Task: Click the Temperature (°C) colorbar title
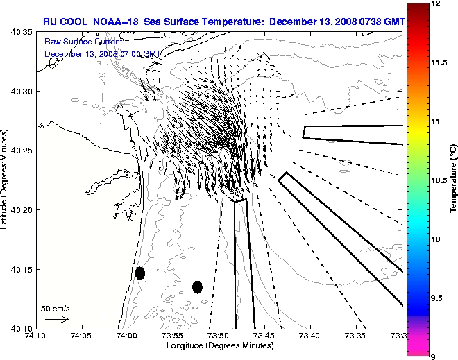point(452,180)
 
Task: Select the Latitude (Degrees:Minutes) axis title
point(5,179)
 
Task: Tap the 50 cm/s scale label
point(56,308)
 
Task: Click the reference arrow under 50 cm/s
point(56,319)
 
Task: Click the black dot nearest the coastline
point(140,273)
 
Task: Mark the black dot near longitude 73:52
point(197,286)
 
